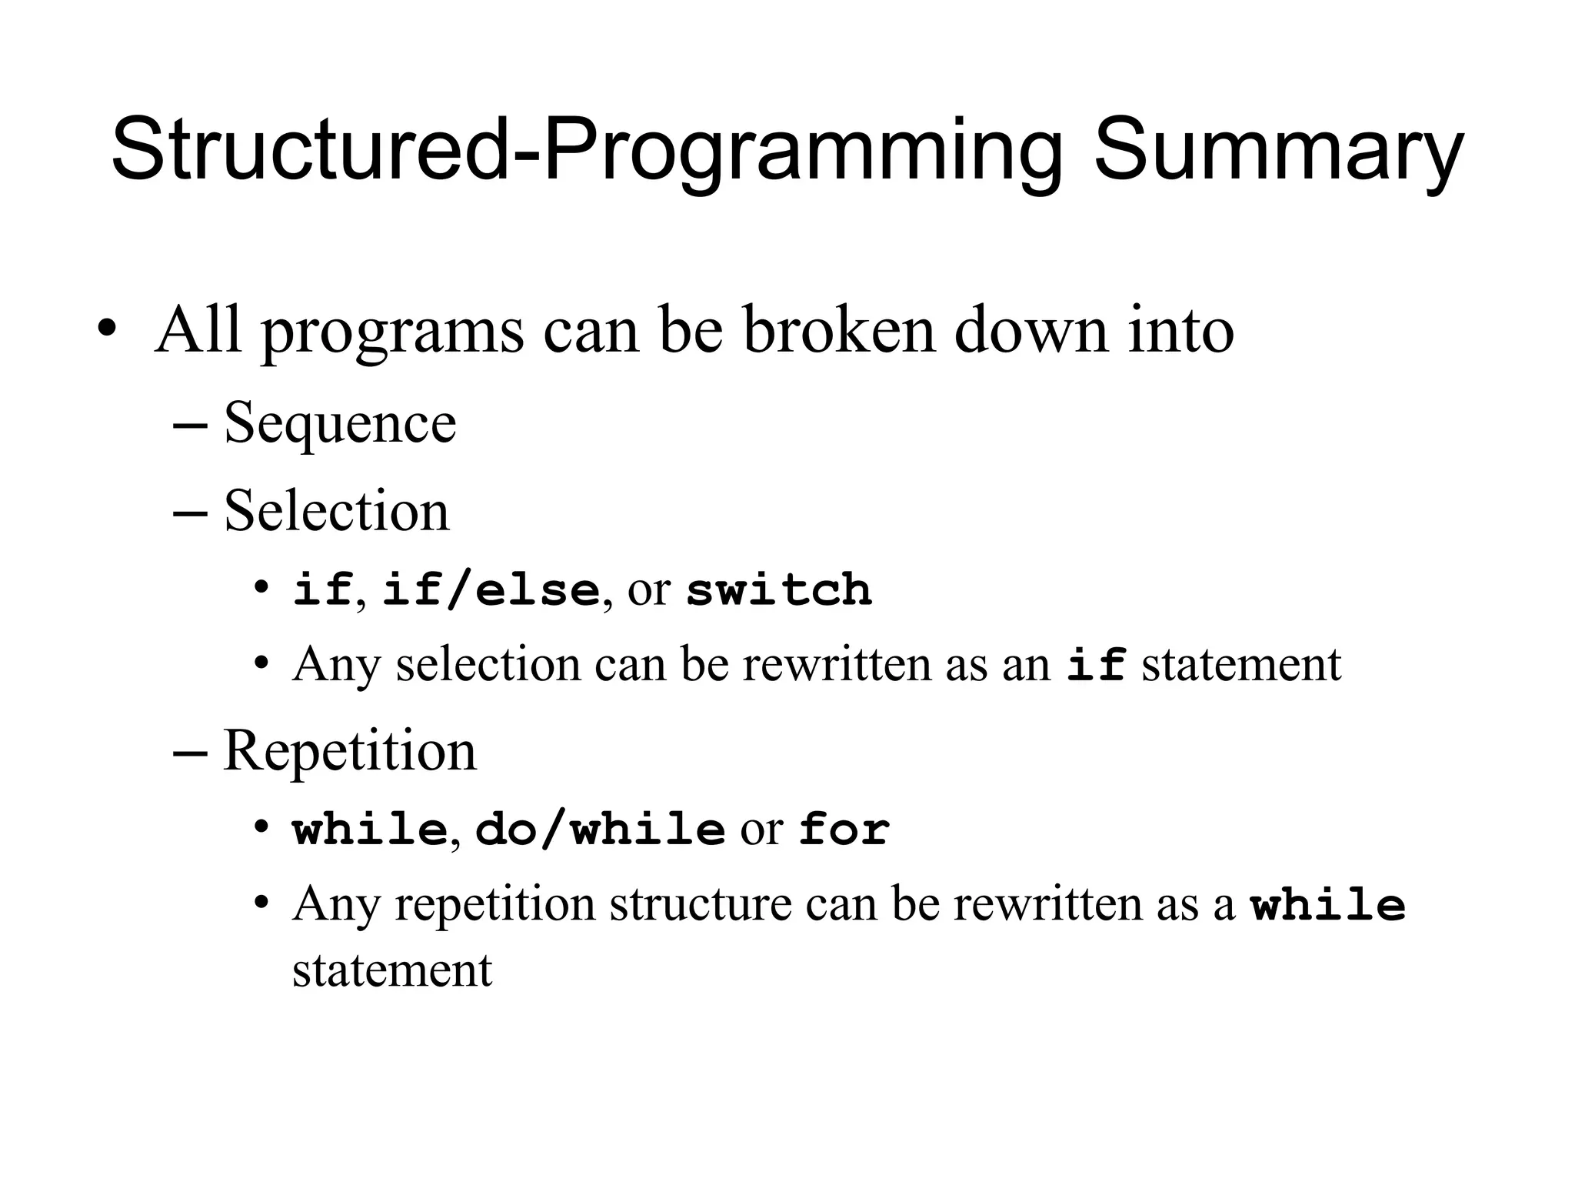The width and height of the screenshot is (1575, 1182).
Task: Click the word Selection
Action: pyautogui.click(x=336, y=511)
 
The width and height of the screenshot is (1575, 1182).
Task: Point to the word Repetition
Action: pyautogui.click(x=350, y=750)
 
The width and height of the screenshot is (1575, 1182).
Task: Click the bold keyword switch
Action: pyautogui.click(x=778, y=590)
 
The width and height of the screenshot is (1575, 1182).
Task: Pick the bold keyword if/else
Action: pyautogui.click(x=491, y=590)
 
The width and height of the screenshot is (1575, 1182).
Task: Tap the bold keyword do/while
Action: pyautogui.click(x=600, y=830)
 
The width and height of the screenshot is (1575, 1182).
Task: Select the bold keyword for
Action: pyautogui.click(x=844, y=830)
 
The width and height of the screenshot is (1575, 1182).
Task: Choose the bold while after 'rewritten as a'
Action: pyautogui.click(x=1328, y=904)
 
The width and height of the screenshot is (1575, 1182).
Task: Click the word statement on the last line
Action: pyautogui.click(x=392, y=970)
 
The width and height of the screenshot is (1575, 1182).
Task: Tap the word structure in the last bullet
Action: pyautogui.click(x=701, y=904)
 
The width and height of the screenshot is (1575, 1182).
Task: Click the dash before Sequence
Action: pyautogui.click(x=190, y=425)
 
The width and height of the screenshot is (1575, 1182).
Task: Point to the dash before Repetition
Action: pyautogui.click(x=190, y=752)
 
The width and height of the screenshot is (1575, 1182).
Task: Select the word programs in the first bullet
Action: pyautogui.click(x=392, y=332)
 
